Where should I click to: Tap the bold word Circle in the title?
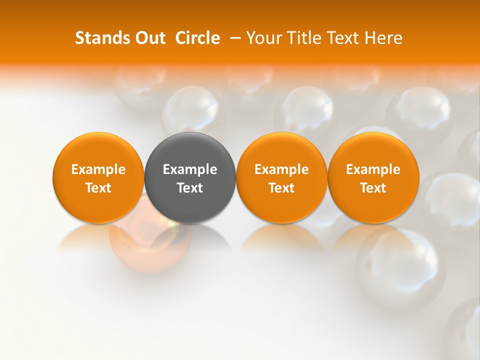(x=197, y=38)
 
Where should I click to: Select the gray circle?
(x=190, y=177)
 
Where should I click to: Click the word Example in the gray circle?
(x=190, y=169)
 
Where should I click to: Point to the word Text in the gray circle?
(x=190, y=188)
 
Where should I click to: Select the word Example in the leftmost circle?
(x=98, y=169)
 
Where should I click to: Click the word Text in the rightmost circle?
(x=373, y=188)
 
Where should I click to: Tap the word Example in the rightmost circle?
(x=373, y=169)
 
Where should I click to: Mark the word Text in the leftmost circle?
(x=98, y=188)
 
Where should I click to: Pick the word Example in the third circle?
(x=281, y=169)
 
